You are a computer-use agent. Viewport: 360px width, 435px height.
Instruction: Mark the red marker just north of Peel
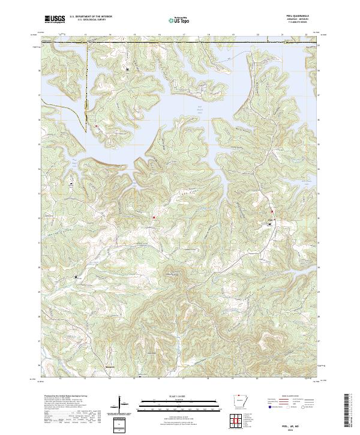272,211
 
